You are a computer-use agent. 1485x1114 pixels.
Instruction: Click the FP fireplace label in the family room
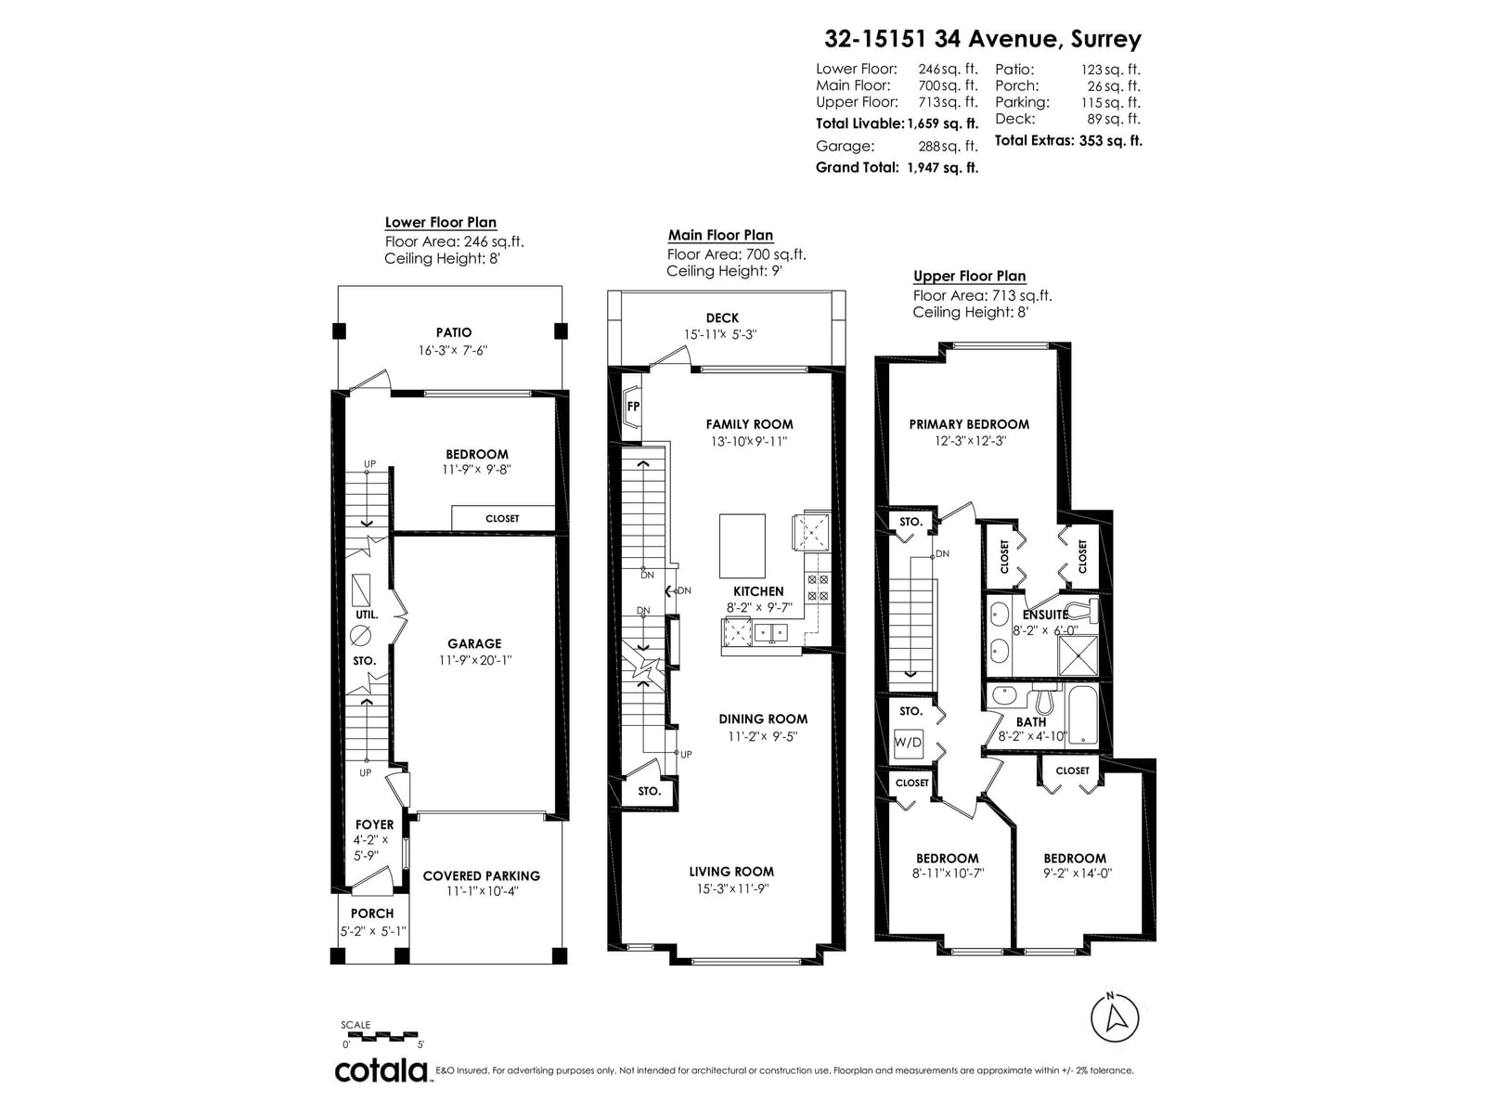click(633, 407)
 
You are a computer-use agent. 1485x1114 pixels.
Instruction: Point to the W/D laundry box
click(908, 743)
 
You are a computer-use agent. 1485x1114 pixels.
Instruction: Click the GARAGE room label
click(474, 643)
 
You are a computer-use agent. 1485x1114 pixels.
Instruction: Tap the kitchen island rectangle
click(742, 545)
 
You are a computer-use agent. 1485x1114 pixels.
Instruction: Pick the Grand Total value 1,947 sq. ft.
click(942, 168)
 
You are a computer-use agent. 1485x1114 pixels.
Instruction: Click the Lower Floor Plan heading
click(441, 223)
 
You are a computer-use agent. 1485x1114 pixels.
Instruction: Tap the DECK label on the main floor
click(722, 317)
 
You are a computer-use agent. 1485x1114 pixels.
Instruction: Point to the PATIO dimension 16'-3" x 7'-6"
click(453, 350)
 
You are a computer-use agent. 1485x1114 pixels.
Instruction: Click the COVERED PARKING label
click(481, 876)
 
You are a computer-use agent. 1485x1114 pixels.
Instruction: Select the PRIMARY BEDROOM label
click(969, 424)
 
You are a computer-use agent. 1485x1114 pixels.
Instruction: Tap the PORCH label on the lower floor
click(371, 913)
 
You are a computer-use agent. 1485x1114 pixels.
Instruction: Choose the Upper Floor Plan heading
click(970, 276)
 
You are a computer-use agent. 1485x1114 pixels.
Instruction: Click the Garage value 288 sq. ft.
click(948, 146)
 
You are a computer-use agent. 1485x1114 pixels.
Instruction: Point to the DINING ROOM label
click(763, 719)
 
